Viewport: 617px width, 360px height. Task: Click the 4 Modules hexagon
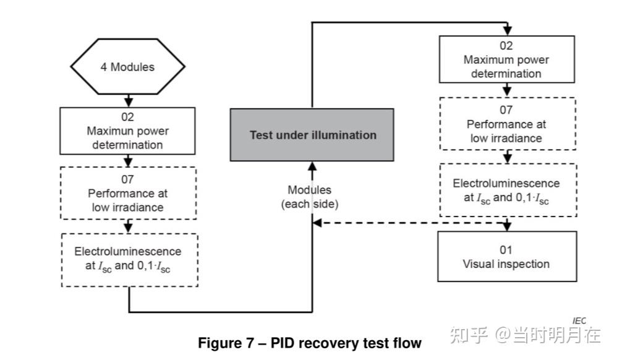[x=128, y=66]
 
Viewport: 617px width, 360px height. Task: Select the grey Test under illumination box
[x=312, y=134]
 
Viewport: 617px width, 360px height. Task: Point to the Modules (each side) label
[x=310, y=196]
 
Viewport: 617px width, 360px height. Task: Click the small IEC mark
[x=579, y=320]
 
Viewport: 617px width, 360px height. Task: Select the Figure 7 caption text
[x=309, y=343]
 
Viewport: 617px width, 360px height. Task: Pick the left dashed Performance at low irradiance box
[x=128, y=193]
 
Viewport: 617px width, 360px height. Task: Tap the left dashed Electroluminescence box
[x=128, y=259]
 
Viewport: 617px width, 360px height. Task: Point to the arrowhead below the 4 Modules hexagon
[x=128, y=102]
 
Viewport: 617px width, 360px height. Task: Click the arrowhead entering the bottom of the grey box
[x=312, y=166]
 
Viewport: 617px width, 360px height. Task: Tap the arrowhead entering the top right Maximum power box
[x=507, y=32]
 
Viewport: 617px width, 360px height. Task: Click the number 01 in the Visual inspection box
[x=506, y=250]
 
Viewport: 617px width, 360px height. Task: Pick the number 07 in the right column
[x=506, y=110]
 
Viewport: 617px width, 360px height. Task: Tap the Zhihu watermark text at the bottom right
[x=526, y=335]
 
